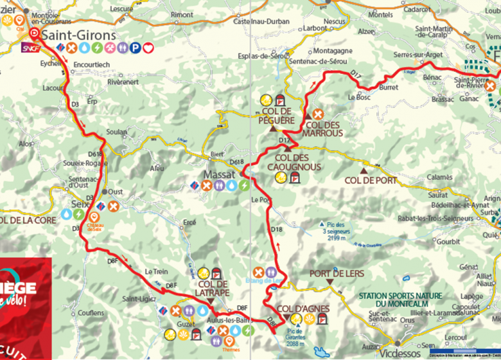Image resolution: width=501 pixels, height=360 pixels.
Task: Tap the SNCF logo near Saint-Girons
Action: [x=29, y=48]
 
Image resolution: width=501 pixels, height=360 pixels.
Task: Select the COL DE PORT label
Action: [x=371, y=180]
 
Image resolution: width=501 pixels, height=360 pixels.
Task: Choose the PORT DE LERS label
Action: [x=337, y=273]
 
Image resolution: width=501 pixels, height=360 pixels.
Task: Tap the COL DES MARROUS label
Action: [x=324, y=129]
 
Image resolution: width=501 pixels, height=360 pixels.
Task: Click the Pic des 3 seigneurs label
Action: [x=331, y=228]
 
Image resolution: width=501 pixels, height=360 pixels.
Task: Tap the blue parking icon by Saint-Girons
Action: [x=136, y=48]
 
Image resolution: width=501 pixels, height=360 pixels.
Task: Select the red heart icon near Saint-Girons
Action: [x=148, y=48]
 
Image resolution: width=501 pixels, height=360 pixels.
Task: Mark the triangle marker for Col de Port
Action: [x=363, y=171]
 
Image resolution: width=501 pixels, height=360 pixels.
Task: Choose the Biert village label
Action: [x=218, y=155]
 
